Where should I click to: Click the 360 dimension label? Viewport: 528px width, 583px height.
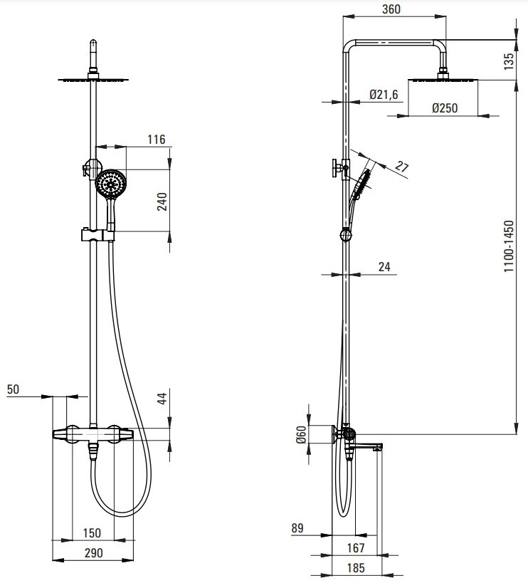(391, 9)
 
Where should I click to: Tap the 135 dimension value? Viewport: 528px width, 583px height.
(509, 61)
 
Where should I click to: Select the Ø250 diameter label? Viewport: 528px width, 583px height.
(445, 108)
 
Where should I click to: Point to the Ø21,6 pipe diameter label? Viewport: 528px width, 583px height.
(384, 95)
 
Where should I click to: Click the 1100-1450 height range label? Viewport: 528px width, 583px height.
(509, 246)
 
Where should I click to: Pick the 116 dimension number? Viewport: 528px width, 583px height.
(156, 140)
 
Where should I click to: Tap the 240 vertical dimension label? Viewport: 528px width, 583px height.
(162, 202)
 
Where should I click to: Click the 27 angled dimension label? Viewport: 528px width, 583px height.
(401, 166)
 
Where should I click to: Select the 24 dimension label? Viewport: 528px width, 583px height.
(384, 267)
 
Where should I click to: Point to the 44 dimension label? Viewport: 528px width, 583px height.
(162, 399)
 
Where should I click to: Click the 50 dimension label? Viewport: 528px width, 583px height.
(13, 389)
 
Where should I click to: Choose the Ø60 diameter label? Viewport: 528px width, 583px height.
(301, 435)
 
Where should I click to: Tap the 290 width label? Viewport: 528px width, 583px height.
(93, 553)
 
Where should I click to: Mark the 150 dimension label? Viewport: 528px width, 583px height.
(92, 532)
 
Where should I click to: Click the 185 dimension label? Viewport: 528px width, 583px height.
(356, 568)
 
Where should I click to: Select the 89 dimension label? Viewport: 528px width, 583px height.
(297, 528)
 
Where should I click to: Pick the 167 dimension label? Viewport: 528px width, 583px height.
(356, 547)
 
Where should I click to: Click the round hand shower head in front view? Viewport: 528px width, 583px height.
(111, 184)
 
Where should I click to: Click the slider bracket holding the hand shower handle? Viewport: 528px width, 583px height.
(97, 236)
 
